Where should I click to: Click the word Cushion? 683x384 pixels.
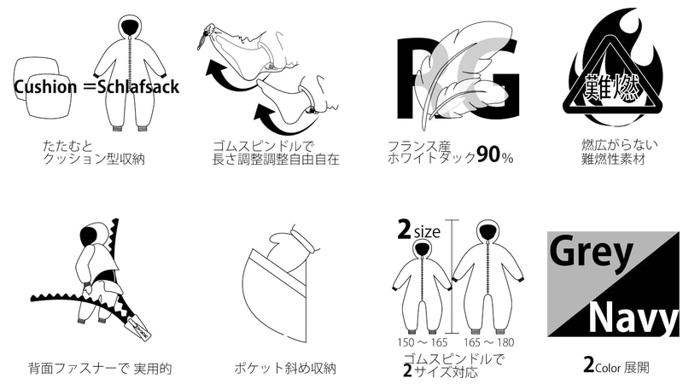point(45,86)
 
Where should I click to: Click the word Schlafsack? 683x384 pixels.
point(138,86)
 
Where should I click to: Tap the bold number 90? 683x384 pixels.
point(488,154)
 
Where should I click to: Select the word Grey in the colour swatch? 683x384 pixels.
point(590,251)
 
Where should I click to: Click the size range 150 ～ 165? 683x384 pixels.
point(422,342)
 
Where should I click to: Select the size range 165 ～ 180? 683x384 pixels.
point(488,342)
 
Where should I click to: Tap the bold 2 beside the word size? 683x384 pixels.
point(404,230)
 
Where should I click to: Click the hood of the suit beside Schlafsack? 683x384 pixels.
point(131,26)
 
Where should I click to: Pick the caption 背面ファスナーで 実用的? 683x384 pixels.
point(100,369)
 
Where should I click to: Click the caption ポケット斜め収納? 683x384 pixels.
point(285,369)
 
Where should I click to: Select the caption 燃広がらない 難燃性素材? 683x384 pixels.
point(619,152)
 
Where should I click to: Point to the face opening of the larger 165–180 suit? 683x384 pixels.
point(487,230)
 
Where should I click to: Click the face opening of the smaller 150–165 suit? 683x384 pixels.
point(422,248)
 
